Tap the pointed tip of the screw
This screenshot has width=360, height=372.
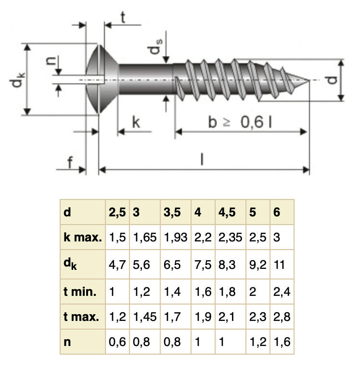tap(309, 80)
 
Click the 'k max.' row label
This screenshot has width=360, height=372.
tap(82, 238)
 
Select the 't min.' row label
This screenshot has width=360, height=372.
tap(80, 292)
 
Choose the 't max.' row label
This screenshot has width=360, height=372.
tap(81, 317)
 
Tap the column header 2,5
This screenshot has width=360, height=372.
tap(117, 213)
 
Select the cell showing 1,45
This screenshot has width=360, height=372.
tap(145, 317)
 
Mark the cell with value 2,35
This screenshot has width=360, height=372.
tap(231, 238)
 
